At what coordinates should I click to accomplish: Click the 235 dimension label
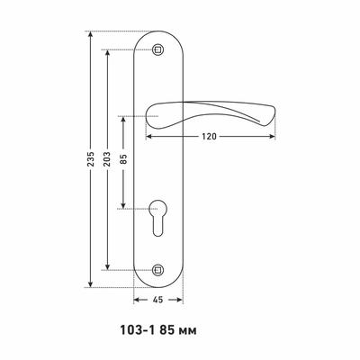pos(91,159)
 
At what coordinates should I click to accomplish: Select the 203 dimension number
pos(107,159)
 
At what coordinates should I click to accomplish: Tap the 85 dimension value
pos(123,159)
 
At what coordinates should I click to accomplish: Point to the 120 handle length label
pos(209,137)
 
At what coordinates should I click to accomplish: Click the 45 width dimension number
pos(157,300)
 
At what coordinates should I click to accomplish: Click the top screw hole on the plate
pos(157,49)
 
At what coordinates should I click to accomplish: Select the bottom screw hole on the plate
pos(157,270)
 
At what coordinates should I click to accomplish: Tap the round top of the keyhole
pos(157,209)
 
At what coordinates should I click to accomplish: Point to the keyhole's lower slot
pos(157,227)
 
